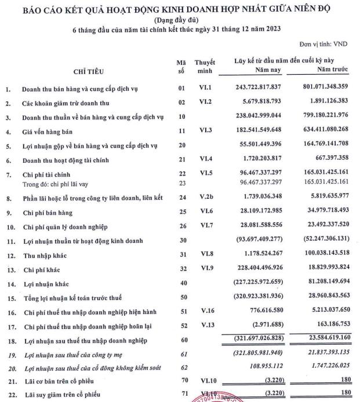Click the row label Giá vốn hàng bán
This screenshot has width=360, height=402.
[x=49, y=131]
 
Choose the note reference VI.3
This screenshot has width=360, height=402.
[x=205, y=131]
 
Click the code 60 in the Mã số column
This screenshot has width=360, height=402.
[x=181, y=337]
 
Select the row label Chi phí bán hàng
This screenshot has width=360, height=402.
[x=48, y=213]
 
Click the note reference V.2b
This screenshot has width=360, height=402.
[x=205, y=199]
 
